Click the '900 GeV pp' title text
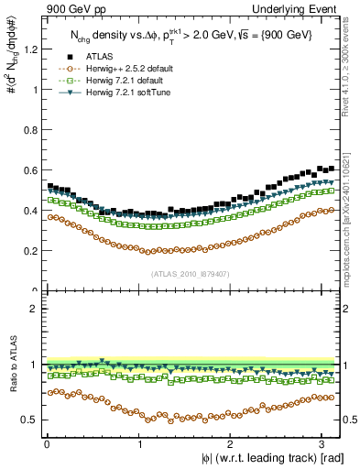(x=70, y=9)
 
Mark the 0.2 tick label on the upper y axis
(x=28, y=250)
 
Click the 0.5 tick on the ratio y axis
(x=28, y=420)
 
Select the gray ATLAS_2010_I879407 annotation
(x=191, y=274)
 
